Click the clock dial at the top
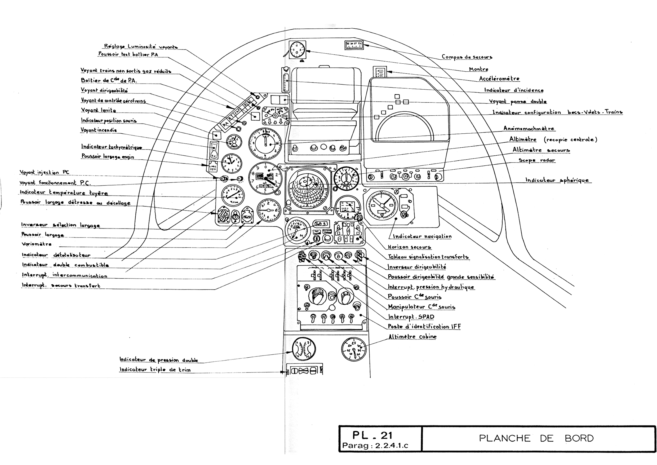click(297, 50)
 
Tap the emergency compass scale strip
click(354, 45)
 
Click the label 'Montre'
click(478, 69)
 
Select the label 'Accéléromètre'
click(499, 78)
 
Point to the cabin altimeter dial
click(354, 349)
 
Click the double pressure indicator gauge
click(304, 349)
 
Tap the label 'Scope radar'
click(537, 160)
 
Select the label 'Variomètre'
click(37, 244)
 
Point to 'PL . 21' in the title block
click(372, 435)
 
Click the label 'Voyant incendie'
click(99, 130)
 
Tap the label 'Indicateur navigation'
click(422, 236)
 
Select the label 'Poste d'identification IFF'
click(424, 326)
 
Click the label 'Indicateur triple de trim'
click(155, 369)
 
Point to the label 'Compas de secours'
click(467, 57)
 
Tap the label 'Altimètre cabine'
click(412, 336)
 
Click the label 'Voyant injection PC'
click(44, 172)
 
